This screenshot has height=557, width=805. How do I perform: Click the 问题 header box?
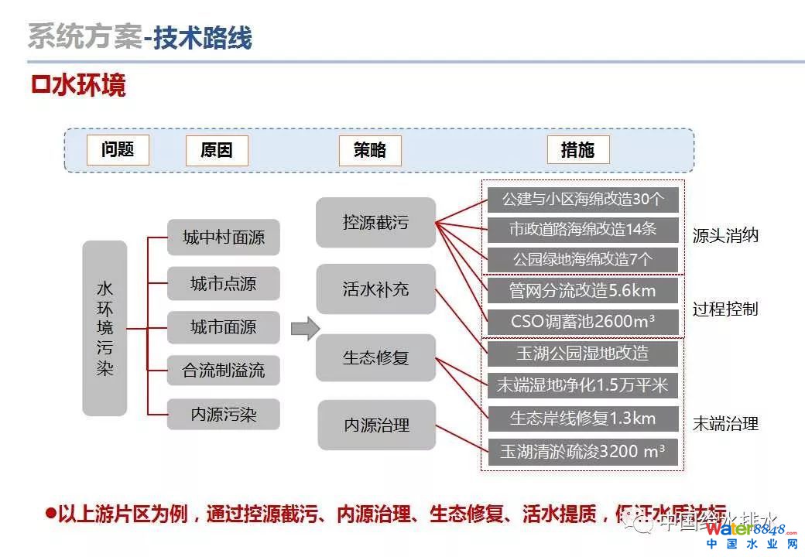point(118,149)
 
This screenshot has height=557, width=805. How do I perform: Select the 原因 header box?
point(217,150)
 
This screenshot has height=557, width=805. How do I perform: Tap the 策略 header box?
point(370,150)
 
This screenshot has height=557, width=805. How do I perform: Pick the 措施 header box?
point(577,150)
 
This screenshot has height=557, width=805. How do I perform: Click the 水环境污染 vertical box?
point(104,328)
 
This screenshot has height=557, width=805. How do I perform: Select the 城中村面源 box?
point(223,237)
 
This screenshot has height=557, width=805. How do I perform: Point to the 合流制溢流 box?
point(223,370)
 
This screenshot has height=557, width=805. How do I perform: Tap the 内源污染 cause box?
point(223,415)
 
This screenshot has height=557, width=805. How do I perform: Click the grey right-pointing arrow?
point(305,328)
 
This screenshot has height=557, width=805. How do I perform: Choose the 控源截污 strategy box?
point(375,223)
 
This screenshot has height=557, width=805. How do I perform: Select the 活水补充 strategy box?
point(375,289)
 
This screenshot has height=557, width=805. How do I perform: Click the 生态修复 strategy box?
point(375,357)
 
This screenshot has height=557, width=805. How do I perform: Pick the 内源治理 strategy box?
point(376,425)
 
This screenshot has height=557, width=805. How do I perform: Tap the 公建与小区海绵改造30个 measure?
point(583,199)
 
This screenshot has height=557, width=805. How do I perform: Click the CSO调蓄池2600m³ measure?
point(583,321)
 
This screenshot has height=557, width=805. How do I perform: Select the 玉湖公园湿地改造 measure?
point(583,354)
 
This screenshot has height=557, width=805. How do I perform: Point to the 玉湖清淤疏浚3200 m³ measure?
point(583,451)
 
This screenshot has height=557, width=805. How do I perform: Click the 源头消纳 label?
point(725,236)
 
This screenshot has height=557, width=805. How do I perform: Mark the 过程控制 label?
point(725,309)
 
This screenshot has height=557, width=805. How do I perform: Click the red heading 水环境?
point(79,85)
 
